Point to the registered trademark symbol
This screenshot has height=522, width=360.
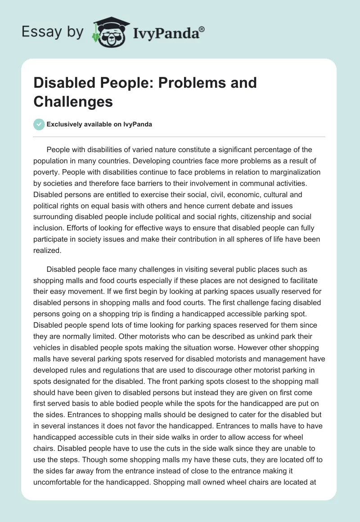coord(202,29)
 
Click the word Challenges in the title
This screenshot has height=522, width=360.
coord(73,101)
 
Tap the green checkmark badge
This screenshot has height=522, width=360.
coord(39,124)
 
